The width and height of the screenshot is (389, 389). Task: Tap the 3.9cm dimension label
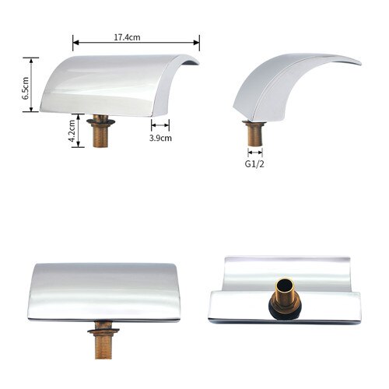pos(161,138)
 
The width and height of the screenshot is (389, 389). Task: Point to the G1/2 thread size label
pos(254,165)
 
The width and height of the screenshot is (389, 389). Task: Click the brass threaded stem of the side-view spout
pos(254,133)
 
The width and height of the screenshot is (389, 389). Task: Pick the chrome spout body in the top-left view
pos(117,84)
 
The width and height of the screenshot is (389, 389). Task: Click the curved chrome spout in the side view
pos(276,89)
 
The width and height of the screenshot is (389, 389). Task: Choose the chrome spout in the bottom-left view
pos(103,292)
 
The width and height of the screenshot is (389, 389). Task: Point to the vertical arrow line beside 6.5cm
pos(34,84)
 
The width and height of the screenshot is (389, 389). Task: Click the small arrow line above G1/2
pos(254,152)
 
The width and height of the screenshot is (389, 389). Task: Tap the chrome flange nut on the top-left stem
pos(100,121)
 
